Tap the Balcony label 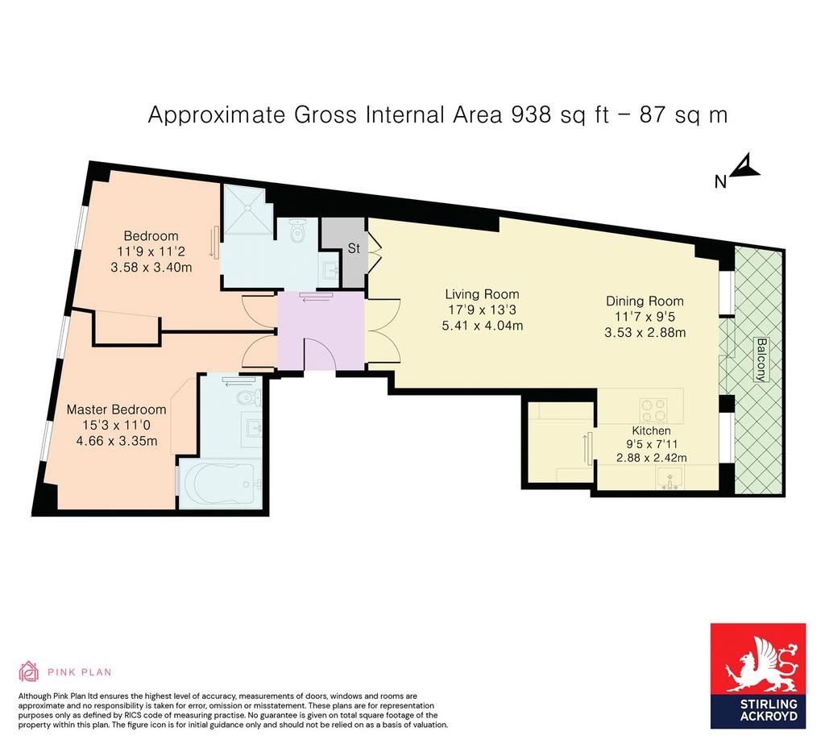point(761,359)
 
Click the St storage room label point(354,248)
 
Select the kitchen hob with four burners point(654,410)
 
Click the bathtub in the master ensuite point(221,484)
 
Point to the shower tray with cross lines point(248,209)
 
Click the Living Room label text point(482,294)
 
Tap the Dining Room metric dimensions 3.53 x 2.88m point(645,333)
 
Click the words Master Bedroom point(116,409)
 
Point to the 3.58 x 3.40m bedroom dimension point(151,268)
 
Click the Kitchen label point(651,430)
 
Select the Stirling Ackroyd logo point(758,676)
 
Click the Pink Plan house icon point(28,671)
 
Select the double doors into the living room point(383,330)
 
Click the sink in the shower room point(330,272)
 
